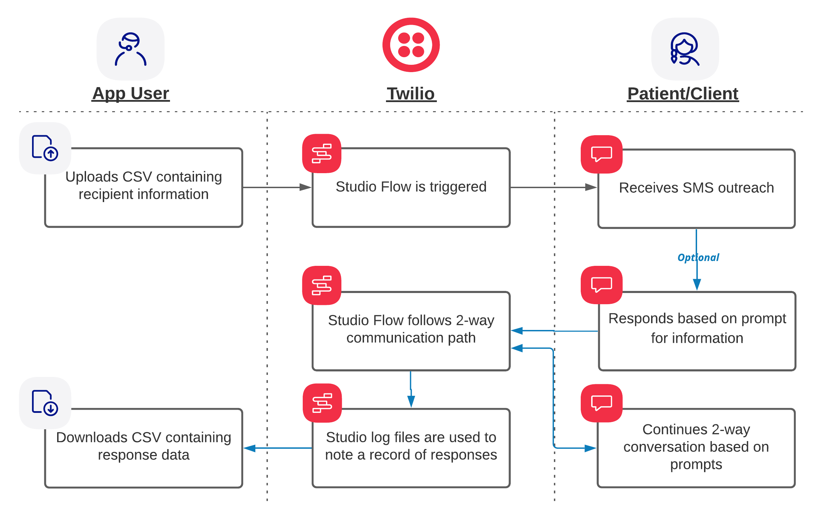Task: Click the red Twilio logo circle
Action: [x=411, y=45]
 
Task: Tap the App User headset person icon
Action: [x=131, y=49]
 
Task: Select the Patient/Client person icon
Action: [x=685, y=49]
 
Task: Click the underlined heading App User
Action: [x=131, y=93]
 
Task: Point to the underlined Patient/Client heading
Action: [x=683, y=94]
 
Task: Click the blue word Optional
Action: [x=698, y=257]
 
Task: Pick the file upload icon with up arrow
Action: [x=45, y=148]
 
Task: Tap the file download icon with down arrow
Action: [x=45, y=403]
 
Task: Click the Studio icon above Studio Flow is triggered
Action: [x=322, y=153]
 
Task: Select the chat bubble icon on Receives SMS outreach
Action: [x=602, y=154]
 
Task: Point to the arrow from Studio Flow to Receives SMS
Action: [x=554, y=187]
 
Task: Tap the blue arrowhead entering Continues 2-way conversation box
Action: [x=590, y=448]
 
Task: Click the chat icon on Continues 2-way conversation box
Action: [x=602, y=403]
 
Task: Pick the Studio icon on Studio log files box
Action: [x=322, y=403]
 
